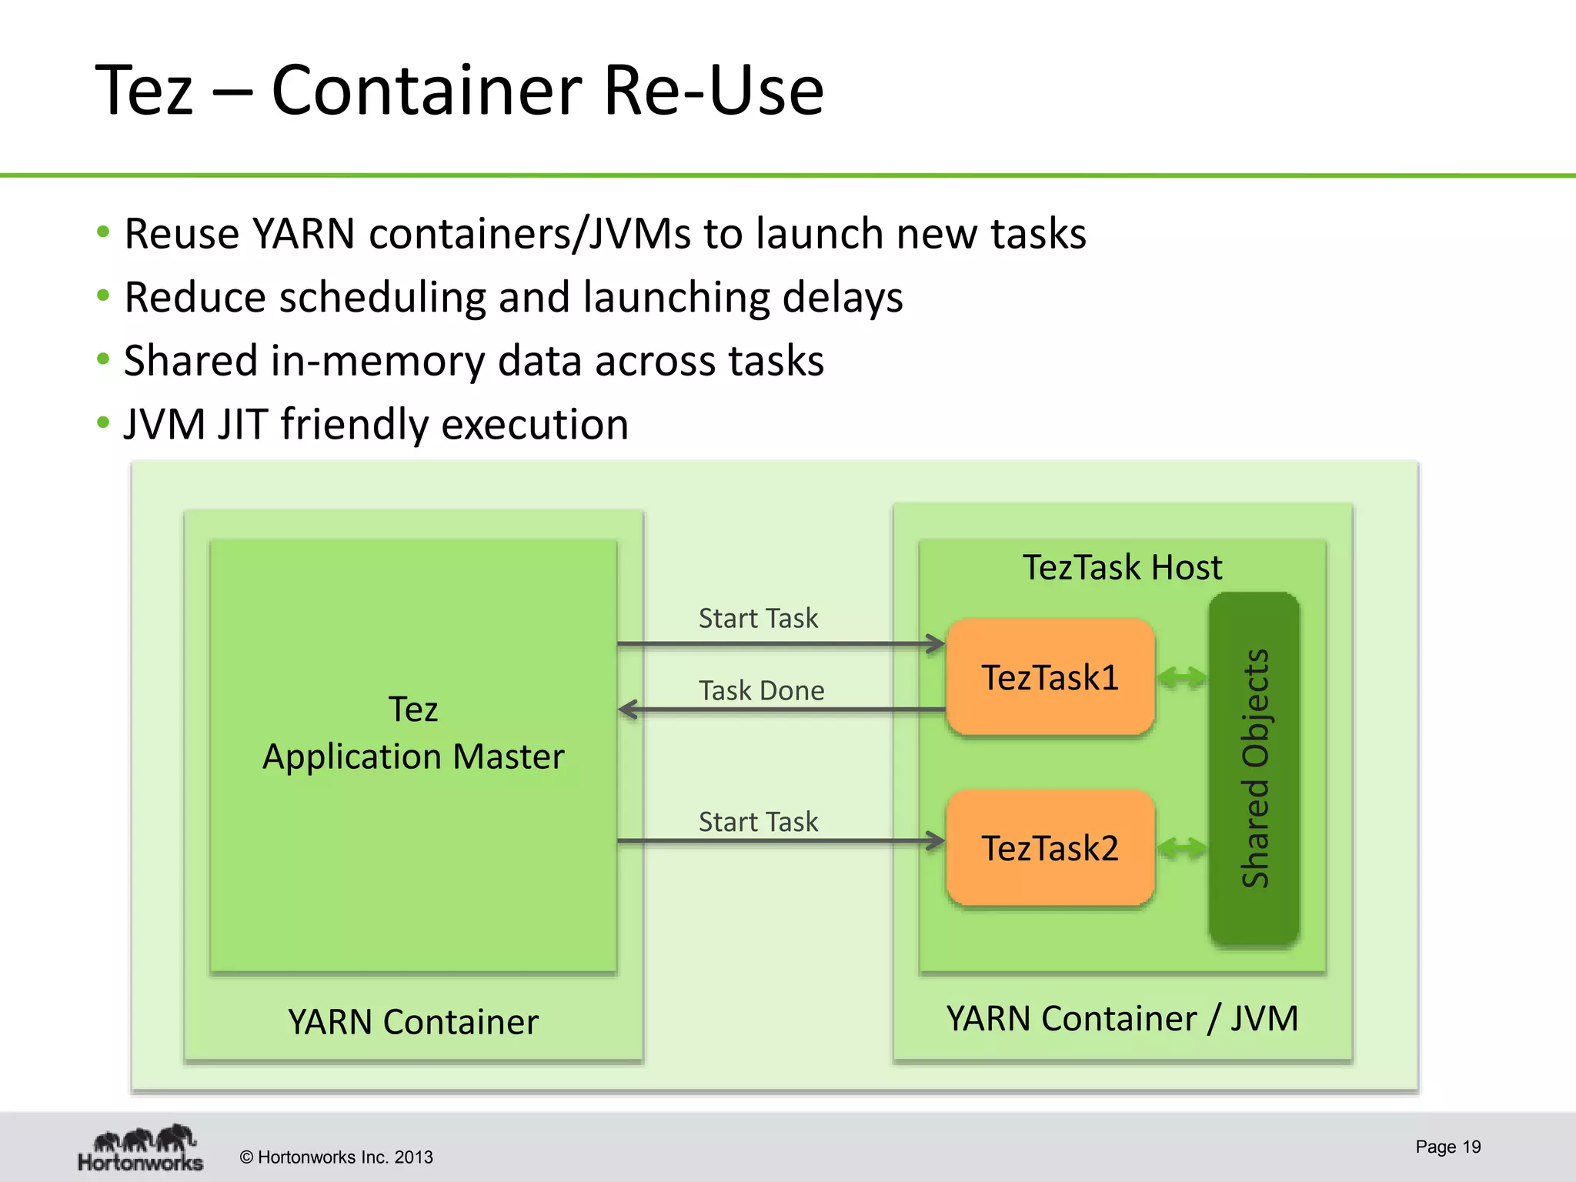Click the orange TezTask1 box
pos(1050,677)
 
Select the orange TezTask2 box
pos(1050,848)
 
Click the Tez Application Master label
pos(413,733)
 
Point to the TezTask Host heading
pos(1122,568)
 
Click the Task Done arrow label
pos(761,690)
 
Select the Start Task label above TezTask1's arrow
pos(758,618)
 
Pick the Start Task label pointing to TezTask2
pos(758,822)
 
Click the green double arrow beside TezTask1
pos(1182,678)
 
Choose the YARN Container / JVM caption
pos(1122,1019)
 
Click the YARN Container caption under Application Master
pos(413,1022)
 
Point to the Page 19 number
pos(1447,1147)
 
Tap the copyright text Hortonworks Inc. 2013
pos(336,1157)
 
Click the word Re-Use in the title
pos(713,91)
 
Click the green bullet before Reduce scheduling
pos(103,295)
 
